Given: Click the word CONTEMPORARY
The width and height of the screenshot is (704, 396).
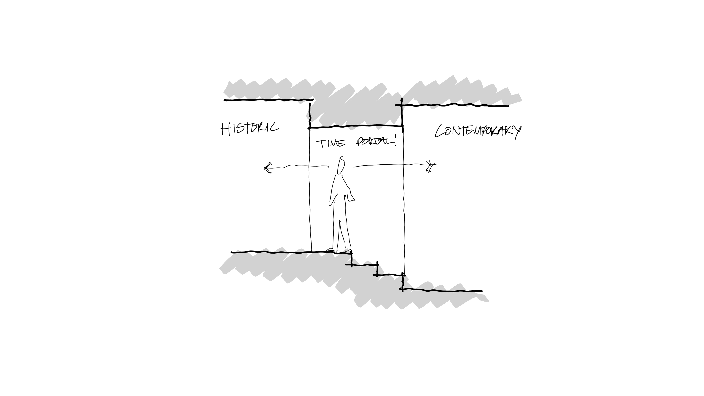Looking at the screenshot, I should pyautogui.click(x=478, y=131).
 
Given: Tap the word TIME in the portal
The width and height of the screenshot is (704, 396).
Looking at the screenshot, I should pyautogui.click(x=331, y=143).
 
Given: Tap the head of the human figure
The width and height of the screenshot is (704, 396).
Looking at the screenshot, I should pyautogui.click(x=341, y=165).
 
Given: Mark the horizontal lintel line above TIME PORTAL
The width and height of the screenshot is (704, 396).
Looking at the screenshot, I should pyautogui.click(x=355, y=126).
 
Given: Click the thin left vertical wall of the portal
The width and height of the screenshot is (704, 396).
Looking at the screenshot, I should pyautogui.click(x=310, y=191).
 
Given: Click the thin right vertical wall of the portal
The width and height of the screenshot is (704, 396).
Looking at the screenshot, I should pyautogui.click(x=404, y=191).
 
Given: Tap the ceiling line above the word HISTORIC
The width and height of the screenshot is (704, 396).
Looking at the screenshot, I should pyautogui.click(x=268, y=100).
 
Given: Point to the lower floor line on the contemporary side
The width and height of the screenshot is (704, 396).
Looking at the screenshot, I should pyautogui.click(x=443, y=290).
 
